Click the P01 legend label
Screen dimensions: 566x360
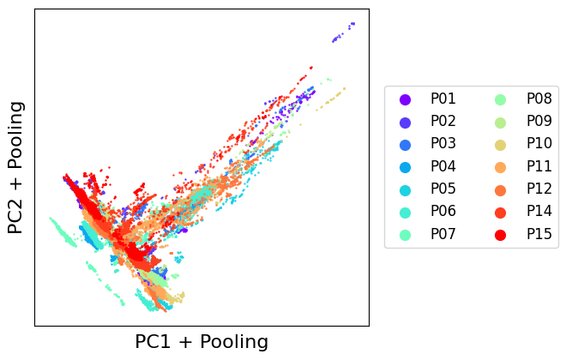[x=443, y=99]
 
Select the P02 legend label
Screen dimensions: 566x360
[x=443, y=121]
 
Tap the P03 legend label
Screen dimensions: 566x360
[x=443, y=143]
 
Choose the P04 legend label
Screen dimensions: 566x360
[x=443, y=166]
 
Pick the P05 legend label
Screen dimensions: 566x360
[x=443, y=189]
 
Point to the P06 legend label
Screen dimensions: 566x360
[x=443, y=211]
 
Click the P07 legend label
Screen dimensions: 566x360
[x=443, y=234]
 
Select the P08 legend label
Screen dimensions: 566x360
[x=539, y=99]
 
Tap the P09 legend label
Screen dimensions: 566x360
[x=539, y=121]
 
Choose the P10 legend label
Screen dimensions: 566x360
[x=539, y=143]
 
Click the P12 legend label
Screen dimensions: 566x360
[x=539, y=189]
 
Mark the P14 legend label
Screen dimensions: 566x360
[x=539, y=211]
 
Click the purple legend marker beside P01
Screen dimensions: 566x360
[x=406, y=99]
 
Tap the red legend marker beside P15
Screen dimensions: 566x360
[x=500, y=235]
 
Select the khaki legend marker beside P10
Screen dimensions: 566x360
[x=500, y=145]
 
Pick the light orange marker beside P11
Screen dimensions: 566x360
[x=500, y=167]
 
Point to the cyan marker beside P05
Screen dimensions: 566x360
[x=406, y=190]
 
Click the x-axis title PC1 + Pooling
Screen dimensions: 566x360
[x=202, y=342]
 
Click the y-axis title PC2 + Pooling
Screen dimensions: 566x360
[x=16, y=168]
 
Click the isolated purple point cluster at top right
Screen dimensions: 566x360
[x=343, y=32]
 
